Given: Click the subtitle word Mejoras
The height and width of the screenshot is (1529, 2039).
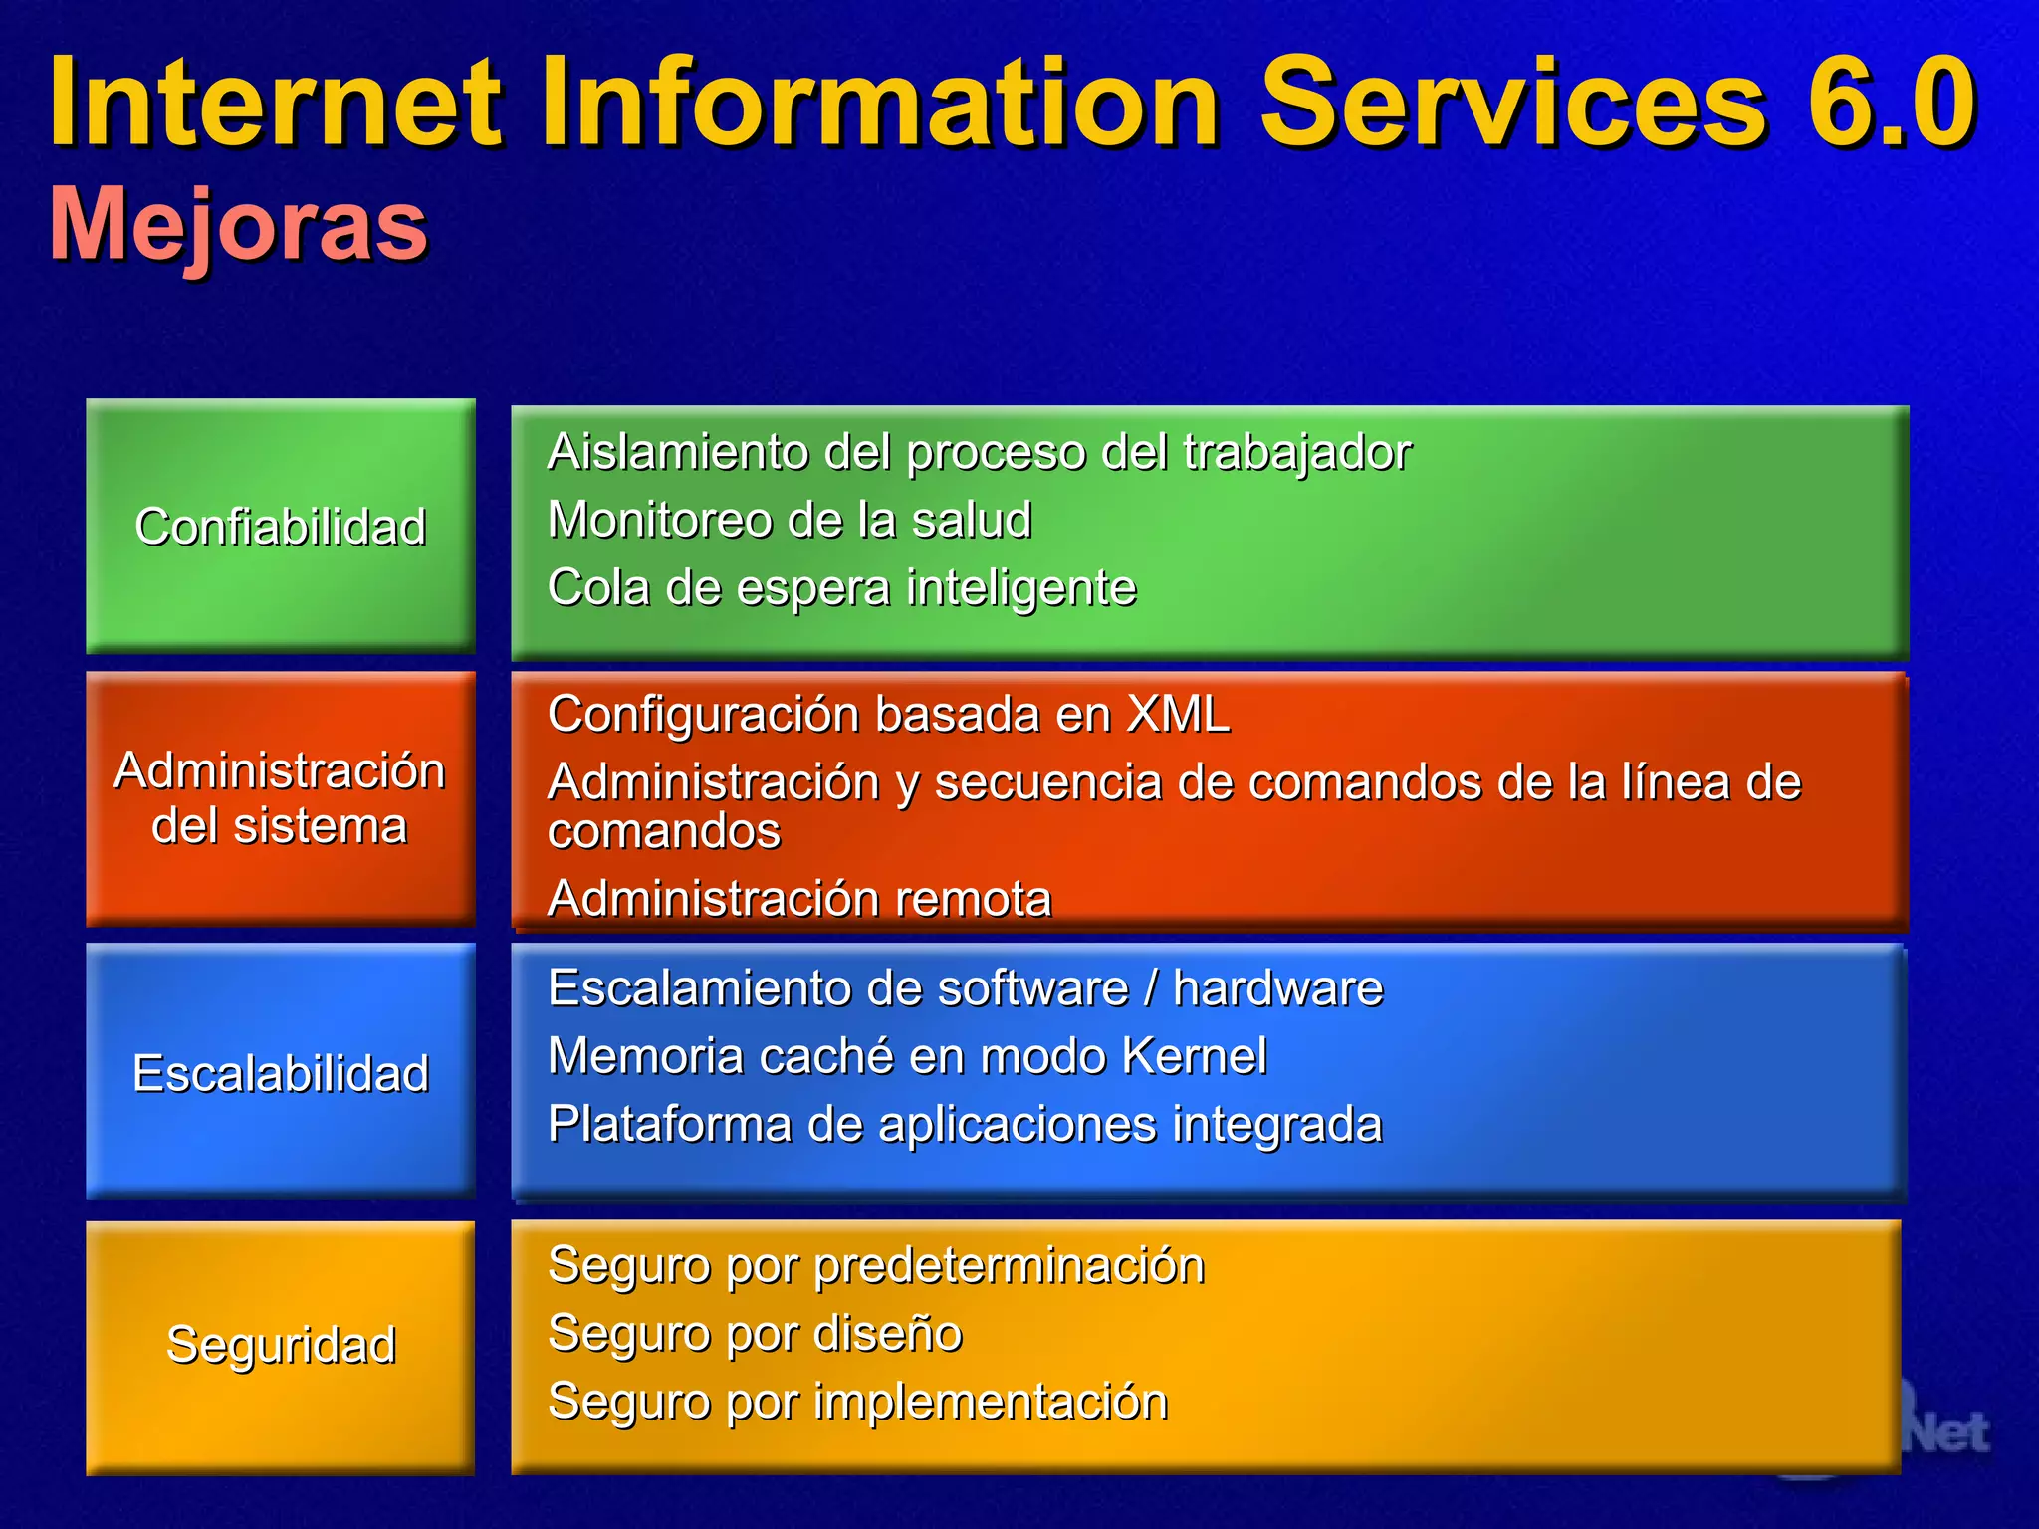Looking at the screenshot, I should pos(239,225).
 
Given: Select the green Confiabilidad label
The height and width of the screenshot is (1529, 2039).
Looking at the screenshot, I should pos(281,527).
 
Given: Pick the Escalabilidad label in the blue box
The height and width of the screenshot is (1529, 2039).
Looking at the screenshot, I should pos(281,1073).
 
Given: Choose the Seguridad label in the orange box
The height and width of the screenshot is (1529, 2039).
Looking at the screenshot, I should pos(281,1345).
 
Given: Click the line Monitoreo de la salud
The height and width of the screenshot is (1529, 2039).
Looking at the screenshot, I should pos(790,520).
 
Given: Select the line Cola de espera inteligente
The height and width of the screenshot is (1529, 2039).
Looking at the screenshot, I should pos(841,587).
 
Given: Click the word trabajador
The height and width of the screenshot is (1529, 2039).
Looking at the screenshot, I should pos(1297,453).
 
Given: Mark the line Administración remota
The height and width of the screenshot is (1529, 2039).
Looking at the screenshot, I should pos(799,899).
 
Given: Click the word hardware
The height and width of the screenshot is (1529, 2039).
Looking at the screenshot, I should pos(1277,988).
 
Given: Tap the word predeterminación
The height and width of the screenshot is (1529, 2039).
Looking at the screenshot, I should pos(1010,1266).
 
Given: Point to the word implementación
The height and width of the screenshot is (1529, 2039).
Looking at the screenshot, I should pos(991,1402).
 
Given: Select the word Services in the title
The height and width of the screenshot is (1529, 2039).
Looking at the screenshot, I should pos(1513,103).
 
